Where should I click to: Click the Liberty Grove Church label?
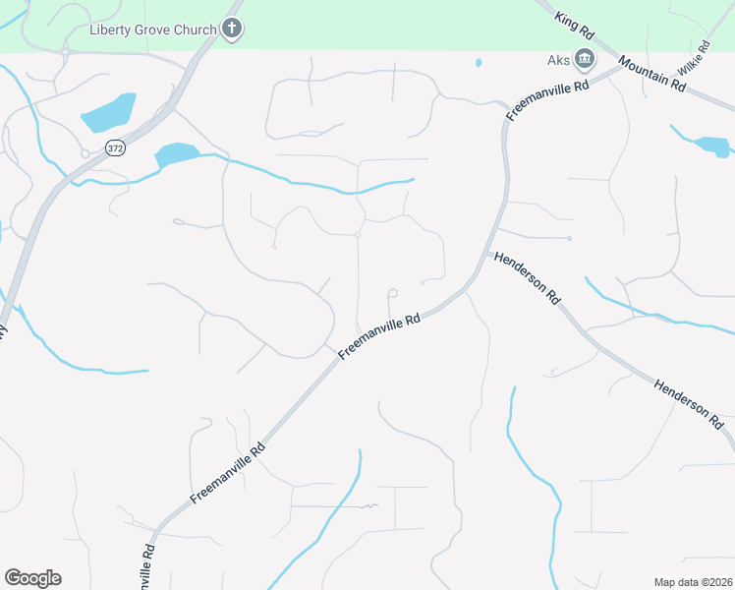[x=152, y=29]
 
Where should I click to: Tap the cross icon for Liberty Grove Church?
[x=232, y=29]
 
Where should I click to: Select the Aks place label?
[x=558, y=60]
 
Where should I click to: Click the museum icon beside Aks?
[x=585, y=60]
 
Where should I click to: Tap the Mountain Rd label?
[x=652, y=74]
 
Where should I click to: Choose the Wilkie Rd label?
[x=693, y=60]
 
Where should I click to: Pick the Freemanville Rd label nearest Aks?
[x=546, y=99]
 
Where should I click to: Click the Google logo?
[x=32, y=578]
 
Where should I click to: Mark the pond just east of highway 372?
[x=176, y=154]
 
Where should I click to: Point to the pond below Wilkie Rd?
[x=712, y=147]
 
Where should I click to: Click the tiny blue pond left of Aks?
[x=479, y=63]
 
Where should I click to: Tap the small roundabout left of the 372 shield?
[x=85, y=153]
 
